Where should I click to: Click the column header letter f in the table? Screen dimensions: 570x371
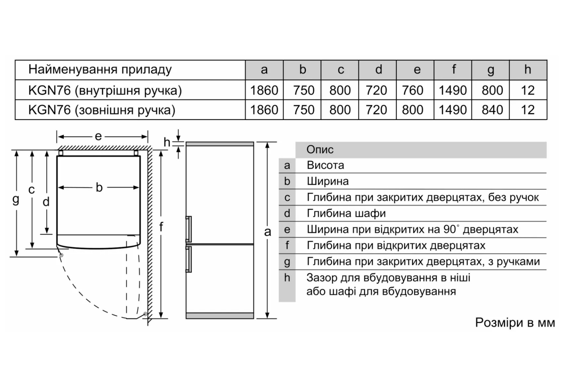click(x=453, y=69)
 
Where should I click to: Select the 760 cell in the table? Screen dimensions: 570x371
click(x=412, y=90)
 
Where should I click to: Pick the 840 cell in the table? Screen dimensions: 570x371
click(x=492, y=110)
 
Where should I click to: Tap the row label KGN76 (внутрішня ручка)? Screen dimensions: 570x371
click(x=105, y=91)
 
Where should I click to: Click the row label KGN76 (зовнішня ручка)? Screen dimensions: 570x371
click(x=102, y=110)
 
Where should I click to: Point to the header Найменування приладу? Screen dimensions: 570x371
click(x=100, y=70)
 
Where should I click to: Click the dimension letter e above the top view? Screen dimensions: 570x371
click(x=98, y=136)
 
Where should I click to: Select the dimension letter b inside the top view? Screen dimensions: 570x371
click(x=99, y=187)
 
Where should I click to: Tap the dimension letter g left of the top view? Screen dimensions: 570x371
click(x=16, y=200)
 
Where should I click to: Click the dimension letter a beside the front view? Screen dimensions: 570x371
click(x=268, y=232)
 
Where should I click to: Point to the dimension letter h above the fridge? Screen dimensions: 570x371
click(x=167, y=142)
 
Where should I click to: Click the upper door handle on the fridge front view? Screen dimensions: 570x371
click(x=189, y=229)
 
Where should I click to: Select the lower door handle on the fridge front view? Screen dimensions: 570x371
click(x=189, y=259)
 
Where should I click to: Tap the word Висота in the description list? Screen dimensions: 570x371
click(x=325, y=165)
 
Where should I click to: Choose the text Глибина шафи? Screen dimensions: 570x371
click(x=346, y=213)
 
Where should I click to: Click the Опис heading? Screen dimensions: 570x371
click(x=320, y=150)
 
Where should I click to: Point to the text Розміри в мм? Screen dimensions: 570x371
click(x=515, y=323)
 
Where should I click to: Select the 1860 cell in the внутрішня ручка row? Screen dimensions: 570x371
click(x=264, y=90)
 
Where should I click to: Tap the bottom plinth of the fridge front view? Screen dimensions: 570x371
click(x=220, y=316)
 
